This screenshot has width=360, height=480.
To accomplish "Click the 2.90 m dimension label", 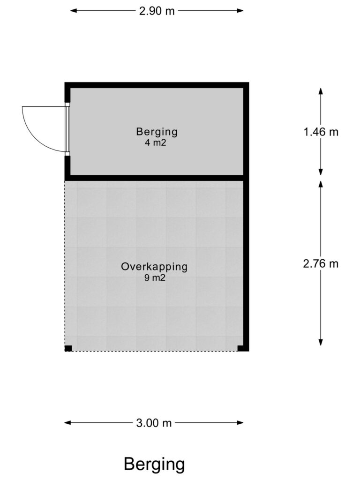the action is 157,11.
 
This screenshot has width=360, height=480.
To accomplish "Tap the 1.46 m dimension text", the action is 321,132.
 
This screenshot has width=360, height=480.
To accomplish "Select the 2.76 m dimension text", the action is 321,263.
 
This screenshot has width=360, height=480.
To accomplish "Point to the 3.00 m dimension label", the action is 154,423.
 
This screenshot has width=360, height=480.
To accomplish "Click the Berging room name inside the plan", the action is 157,132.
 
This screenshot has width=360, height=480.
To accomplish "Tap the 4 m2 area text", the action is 156,142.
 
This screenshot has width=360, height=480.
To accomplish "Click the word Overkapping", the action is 154,267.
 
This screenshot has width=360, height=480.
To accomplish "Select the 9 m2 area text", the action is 155,278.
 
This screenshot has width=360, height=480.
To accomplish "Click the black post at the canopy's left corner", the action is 68,348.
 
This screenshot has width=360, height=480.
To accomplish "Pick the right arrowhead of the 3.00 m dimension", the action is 240,423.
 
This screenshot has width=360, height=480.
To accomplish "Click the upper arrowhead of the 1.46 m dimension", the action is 321,91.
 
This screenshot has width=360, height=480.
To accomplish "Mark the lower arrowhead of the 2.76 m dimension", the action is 321,342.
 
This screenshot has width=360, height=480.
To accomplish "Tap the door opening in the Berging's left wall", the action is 67,129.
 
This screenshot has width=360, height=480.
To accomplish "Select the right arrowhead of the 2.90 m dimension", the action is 240,11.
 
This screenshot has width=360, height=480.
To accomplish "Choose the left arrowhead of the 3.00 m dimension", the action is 67,423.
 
